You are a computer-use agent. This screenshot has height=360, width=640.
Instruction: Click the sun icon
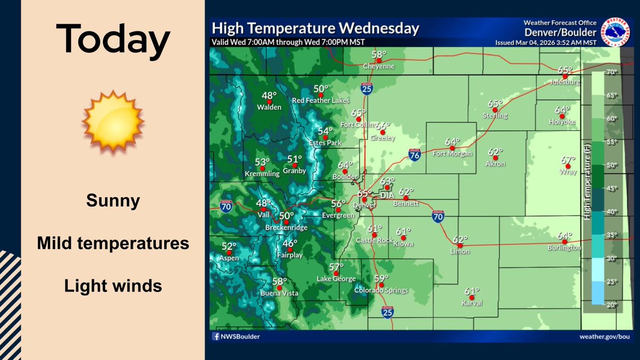click(x=113, y=121)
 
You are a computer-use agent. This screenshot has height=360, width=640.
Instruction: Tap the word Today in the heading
click(x=113, y=42)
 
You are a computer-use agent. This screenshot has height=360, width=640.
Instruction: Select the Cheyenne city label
click(x=378, y=67)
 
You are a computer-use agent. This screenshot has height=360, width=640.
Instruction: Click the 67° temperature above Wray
click(x=568, y=160)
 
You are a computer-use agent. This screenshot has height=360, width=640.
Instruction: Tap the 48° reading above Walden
click(x=269, y=96)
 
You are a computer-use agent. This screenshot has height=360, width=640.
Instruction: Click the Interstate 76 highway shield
click(x=414, y=155)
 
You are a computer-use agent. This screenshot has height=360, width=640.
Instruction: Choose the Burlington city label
click(x=564, y=248)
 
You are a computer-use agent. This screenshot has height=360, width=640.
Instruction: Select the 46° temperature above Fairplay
click(x=290, y=244)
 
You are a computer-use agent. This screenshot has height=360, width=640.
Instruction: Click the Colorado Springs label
click(x=381, y=291)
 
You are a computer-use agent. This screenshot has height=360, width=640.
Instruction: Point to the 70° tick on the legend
click(x=611, y=72)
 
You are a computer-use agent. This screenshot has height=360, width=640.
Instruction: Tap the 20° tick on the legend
click(x=611, y=305)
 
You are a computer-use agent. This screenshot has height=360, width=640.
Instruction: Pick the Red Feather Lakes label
click(x=321, y=101)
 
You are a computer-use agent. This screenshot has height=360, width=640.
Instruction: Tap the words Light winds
click(x=113, y=286)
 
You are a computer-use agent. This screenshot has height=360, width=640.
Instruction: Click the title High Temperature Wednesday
click(x=315, y=28)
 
